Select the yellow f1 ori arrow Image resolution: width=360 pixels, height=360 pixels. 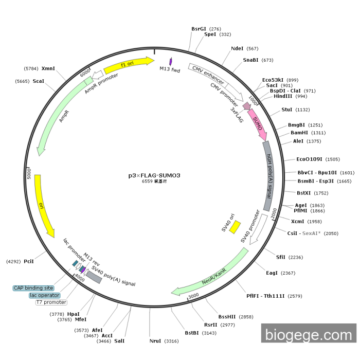pyautogui.click(x=128, y=64)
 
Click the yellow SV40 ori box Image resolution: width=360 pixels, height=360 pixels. pyautogui.click(x=235, y=226)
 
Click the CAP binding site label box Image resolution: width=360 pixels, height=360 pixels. pyautogui.click(x=33, y=288)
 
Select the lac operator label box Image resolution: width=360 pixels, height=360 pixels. pyautogui.click(x=44, y=295)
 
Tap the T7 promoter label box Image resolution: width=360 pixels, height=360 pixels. pyautogui.click(x=50, y=302)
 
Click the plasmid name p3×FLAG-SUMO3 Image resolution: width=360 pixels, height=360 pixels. pyautogui.click(x=154, y=175)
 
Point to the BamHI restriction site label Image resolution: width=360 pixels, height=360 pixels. pyautogui.click(x=300, y=133)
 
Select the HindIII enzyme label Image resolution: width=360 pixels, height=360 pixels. pyautogui.click(x=283, y=96)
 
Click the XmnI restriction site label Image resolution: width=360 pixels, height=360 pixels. pyautogui.click(x=48, y=68)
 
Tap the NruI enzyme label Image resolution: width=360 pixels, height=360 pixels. pyautogui.click(x=155, y=341)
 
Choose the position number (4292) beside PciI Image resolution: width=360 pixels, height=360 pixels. pyautogui.click(x=13, y=262)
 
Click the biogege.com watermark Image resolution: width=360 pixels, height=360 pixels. pyautogui.click(x=308, y=335)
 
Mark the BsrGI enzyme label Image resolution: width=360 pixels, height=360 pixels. pyautogui.click(x=199, y=29)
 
